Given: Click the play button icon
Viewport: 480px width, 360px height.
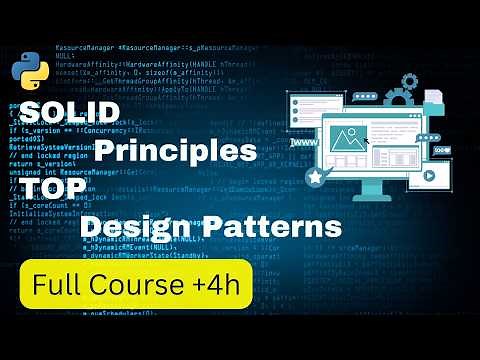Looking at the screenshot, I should click(429, 175).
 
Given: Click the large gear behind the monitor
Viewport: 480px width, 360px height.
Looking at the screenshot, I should click(401, 98).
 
